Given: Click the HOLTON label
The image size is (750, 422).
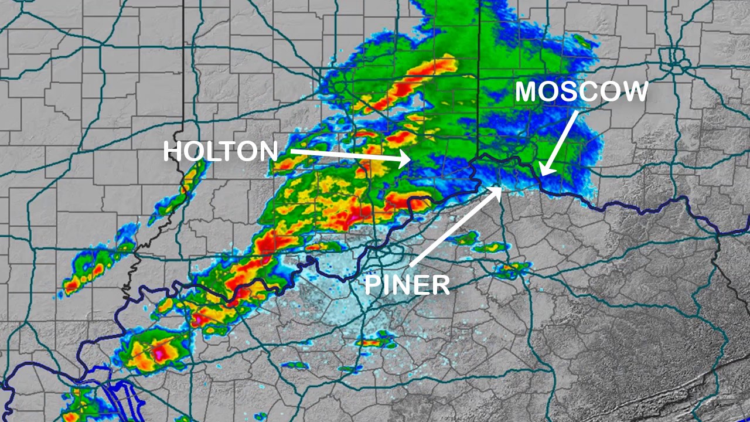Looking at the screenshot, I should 220,151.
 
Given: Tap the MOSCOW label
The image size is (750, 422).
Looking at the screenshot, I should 581,92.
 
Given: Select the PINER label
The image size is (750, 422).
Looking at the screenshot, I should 407,285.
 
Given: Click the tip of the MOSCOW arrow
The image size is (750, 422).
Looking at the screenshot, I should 542,174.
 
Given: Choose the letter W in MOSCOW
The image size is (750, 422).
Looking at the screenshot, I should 634,92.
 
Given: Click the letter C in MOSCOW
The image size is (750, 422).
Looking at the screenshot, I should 588,92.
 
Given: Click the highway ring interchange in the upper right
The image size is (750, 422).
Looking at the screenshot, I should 675,57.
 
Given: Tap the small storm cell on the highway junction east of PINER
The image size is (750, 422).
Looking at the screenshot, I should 512,268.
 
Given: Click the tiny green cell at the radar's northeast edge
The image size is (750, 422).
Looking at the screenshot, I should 582,41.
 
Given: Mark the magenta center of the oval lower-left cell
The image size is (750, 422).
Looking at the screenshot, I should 159,353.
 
